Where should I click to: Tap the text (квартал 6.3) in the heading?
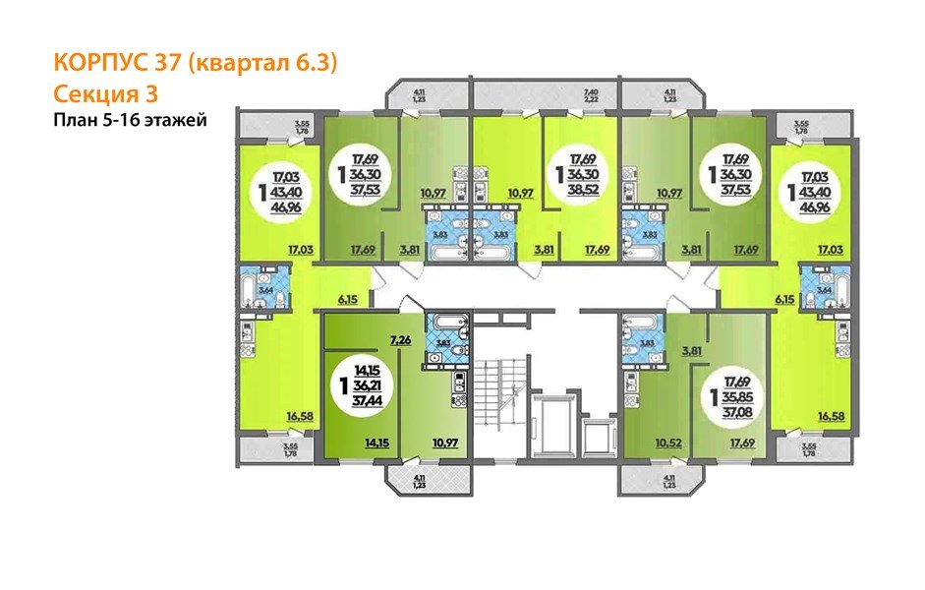click(x=261, y=63)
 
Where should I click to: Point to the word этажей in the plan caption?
click(x=176, y=120)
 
